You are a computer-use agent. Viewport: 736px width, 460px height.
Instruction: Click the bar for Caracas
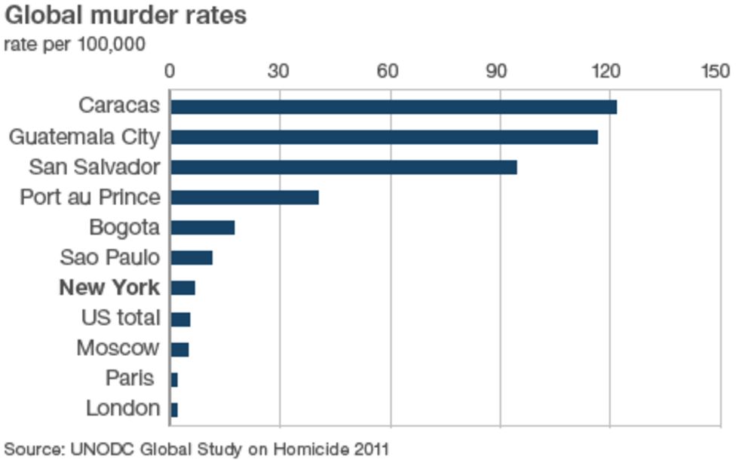[x=393, y=107]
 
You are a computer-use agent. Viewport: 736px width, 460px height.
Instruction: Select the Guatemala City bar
[x=384, y=137]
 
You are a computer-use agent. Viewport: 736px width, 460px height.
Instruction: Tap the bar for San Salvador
[x=343, y=167]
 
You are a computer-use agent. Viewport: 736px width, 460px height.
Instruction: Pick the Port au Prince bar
[x=244, y=198]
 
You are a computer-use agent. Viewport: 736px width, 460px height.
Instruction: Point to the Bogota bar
[x=202, y=228]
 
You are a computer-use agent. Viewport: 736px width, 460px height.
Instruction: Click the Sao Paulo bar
[x=192, y=258]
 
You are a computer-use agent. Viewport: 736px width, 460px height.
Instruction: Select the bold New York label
[x=109, y=287]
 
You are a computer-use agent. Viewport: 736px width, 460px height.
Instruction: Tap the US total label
[x=121, y=317]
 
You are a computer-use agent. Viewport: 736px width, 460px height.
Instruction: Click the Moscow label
[x=118, y=348]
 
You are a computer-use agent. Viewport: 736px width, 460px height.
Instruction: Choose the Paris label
[x=130, y=378]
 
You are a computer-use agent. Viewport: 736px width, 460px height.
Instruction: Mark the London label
[x=123, y=409]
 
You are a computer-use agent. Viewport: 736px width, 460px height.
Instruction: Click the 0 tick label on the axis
[x=170, y=71]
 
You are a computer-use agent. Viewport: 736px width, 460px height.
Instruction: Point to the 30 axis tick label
[x=280, y=71]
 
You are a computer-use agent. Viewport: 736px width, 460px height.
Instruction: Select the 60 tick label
[x=390, y=71]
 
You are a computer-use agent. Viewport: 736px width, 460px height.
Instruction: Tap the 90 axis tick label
[x=499, y=71]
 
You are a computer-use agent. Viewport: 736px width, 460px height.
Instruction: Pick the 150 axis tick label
[x=716, y=71]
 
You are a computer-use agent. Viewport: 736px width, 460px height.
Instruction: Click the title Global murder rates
[x=125, y=16]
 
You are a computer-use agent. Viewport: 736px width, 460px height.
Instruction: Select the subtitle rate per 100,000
[x=75, y=44]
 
